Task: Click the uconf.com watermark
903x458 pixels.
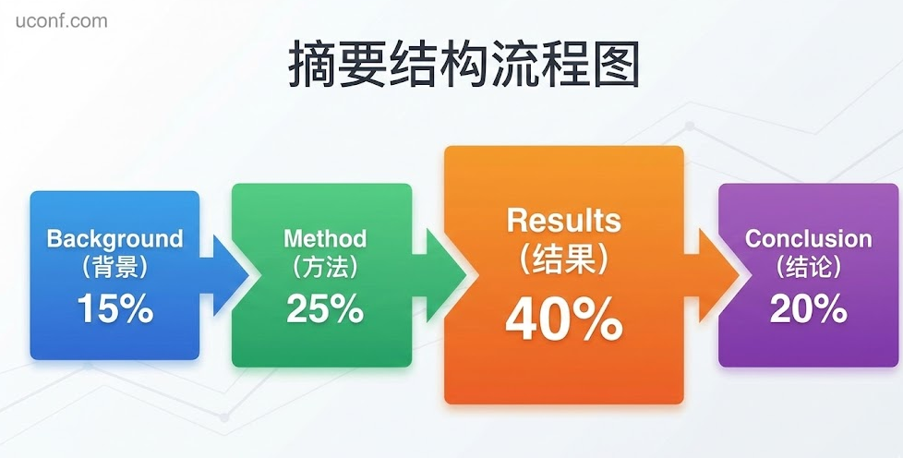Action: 61,21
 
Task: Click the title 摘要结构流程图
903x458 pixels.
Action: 464,64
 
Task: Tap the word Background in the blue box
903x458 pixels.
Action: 115,239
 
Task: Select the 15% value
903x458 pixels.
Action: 115,308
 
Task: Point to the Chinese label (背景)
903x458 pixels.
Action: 115,267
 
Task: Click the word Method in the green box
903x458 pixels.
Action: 325,238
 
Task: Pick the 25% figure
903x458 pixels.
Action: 325,308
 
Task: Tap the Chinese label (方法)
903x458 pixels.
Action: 325,267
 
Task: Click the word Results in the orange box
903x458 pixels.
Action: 564,220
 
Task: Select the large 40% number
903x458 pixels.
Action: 564,319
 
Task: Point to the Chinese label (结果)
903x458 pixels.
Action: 564,259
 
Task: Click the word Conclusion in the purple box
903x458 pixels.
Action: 809,238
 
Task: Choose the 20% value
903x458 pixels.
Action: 809,308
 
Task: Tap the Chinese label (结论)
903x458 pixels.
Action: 809,267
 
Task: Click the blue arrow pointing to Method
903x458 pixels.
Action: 225,275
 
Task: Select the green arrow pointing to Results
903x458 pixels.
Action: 439,275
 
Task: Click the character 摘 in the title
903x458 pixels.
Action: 313,64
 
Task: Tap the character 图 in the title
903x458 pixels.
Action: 616,64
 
